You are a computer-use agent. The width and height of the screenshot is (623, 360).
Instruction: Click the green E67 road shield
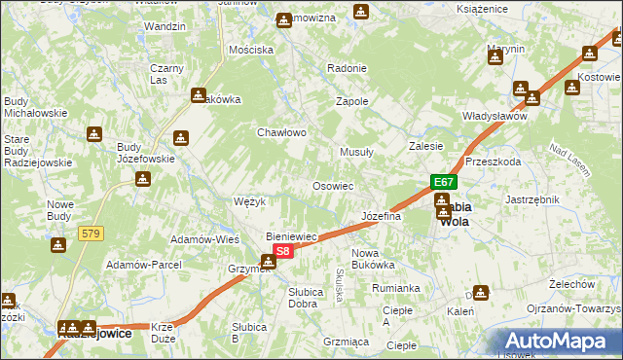pos(444,182)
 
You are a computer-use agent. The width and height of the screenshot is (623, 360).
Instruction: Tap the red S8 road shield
pos(281,251)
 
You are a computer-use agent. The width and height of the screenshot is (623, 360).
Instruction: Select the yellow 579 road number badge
pos(92,233)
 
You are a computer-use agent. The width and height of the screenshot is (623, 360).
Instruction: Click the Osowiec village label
pos(332,185)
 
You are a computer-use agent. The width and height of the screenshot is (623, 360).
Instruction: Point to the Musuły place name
pos(356,153)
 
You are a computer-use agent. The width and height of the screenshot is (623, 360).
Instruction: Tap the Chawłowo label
pos(281,132)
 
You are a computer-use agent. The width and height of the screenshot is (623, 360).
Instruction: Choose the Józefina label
pos(381,216)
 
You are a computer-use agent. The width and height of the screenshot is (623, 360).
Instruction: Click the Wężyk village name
pos(250,201)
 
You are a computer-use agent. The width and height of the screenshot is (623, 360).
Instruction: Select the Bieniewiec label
pos(293,236)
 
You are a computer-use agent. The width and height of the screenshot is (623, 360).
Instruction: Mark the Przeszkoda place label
pos(493,162)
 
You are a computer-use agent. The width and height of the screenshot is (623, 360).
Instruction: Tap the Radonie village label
pos(347,68)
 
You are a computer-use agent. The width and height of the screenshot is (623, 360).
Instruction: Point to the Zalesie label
pos(425,146)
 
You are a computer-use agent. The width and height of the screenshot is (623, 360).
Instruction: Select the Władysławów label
pos(495,116)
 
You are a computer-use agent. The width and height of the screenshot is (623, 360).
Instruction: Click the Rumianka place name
pos(395,288)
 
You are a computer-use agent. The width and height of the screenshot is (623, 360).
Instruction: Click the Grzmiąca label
pos(345,342)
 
